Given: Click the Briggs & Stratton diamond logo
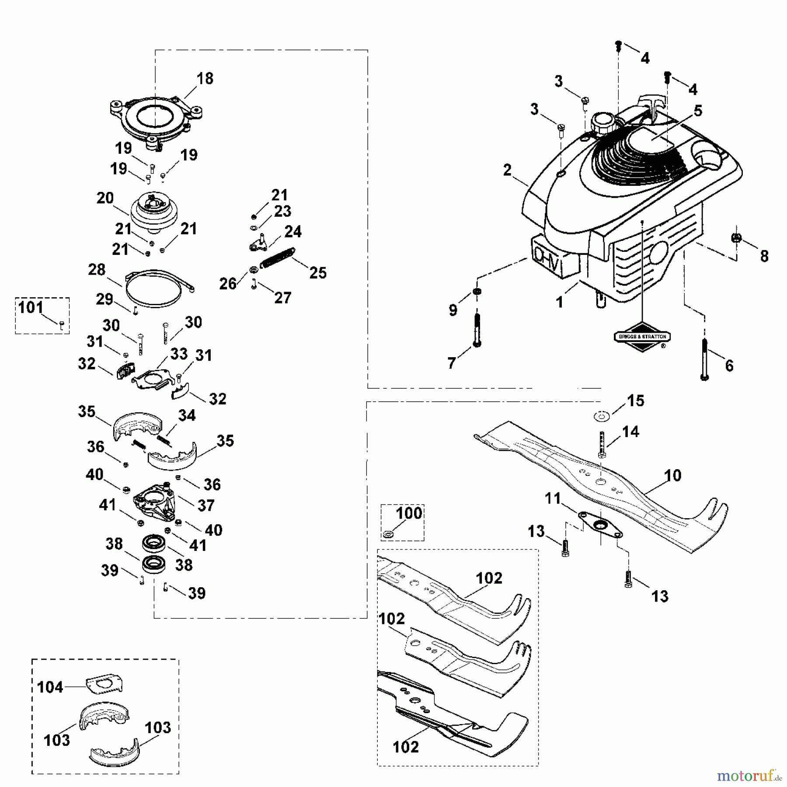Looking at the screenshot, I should pyautogui.click(x=642, y=337).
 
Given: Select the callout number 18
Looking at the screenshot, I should pyautogui.click(x=205, y=79).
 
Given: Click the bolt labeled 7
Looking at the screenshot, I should pyautogui.click(x=477, y=330).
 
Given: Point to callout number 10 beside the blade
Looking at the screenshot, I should pyautogui.click(x=672, y=476).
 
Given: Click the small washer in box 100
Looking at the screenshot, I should pyautogui.click(x=388, y=534).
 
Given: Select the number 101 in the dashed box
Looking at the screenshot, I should pyautogui.click(x=31, y=308).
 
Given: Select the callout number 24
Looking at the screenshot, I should pyautogui.click(x=293, y=232).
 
